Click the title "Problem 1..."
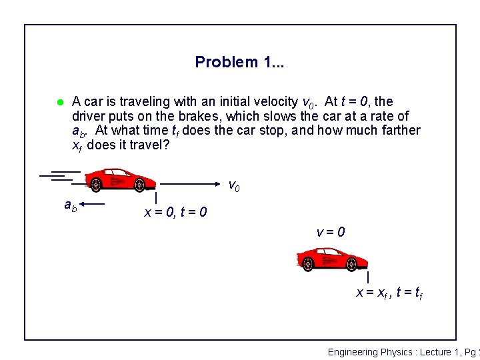pos(239,62)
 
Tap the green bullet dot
pos(59,102)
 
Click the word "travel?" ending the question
pos(149,144)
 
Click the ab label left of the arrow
pos(70,206)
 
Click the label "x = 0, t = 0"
pos(175,213)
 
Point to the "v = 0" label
pos(331,233)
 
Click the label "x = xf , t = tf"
pos(389,292)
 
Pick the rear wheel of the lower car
pos(307,265)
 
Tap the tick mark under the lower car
pos(368,276)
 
